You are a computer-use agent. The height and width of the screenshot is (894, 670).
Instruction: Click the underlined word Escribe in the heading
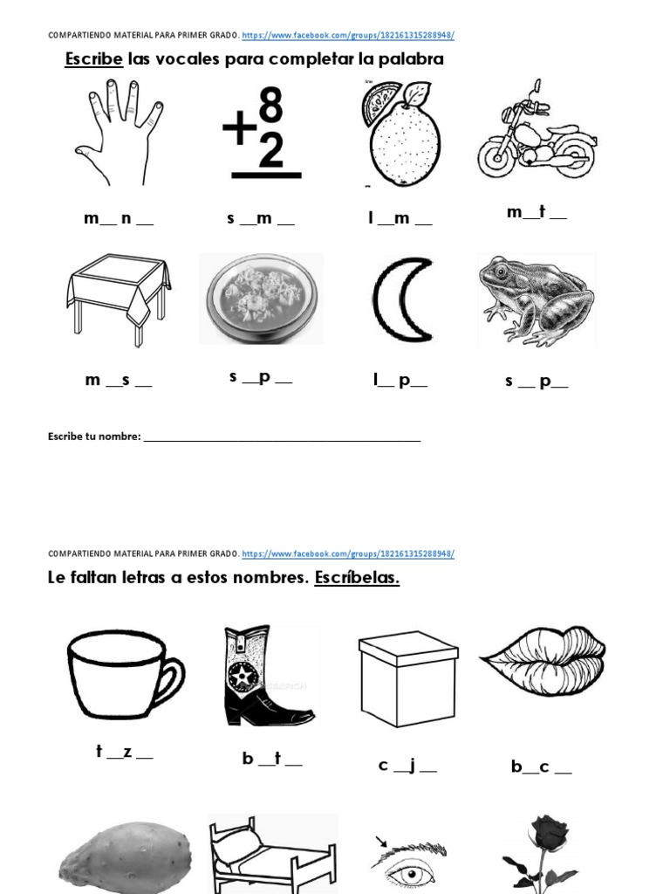coord(94,59)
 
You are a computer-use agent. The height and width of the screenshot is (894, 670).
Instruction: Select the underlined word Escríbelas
coord(357,578)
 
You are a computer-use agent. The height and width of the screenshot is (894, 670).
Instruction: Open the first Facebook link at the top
coord(348,36)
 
